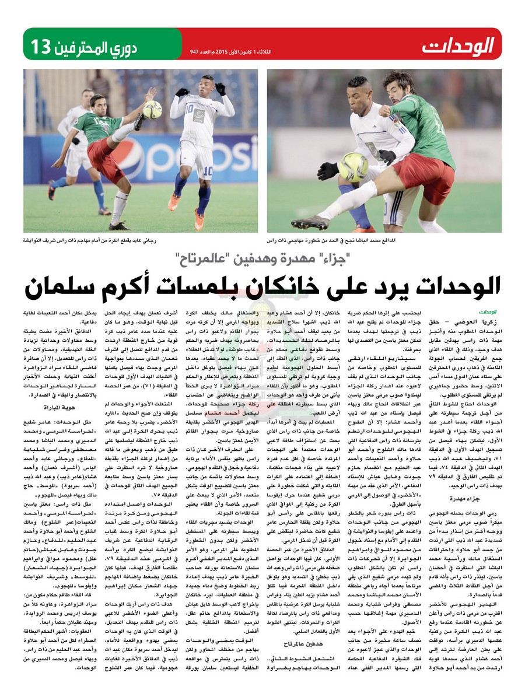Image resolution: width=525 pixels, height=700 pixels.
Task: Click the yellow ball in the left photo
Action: click(x=152, y=109)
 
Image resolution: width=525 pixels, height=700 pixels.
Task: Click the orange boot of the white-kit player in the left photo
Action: click(x=173, y=202)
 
